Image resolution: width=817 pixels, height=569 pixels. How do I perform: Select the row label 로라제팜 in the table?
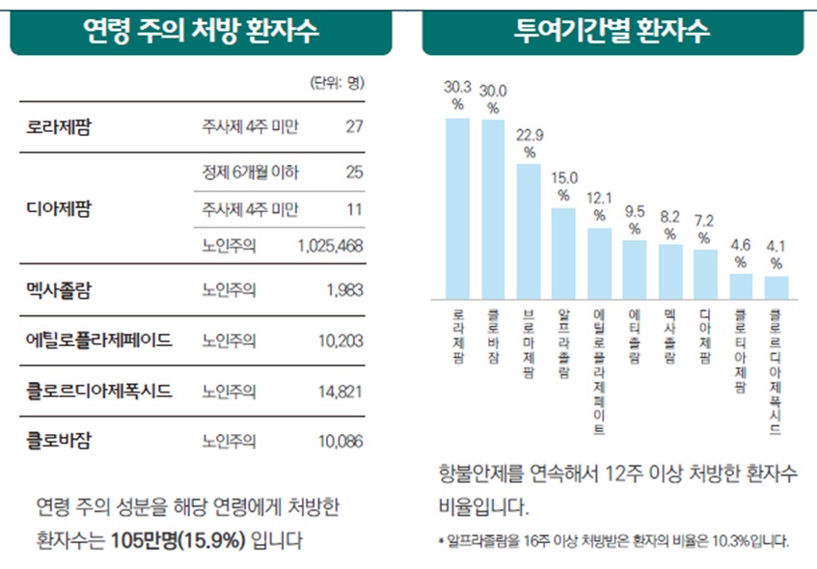point(60,126)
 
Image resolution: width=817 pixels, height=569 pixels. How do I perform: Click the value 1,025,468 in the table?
point(331,246)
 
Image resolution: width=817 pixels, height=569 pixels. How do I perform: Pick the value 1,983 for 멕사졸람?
point(344,288)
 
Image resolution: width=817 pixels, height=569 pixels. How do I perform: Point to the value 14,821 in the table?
point(340,391)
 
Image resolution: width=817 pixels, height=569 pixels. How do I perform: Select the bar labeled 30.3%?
point(457,207)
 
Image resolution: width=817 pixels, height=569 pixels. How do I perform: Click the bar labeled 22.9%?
point(529,230)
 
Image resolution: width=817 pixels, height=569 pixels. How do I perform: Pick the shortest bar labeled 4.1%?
point(776,287)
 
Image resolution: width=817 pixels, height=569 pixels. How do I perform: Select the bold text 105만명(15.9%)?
point(177,539)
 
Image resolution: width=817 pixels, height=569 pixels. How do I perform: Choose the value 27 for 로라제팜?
point(353,126)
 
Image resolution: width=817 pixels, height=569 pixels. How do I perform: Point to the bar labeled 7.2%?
point(705,274)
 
